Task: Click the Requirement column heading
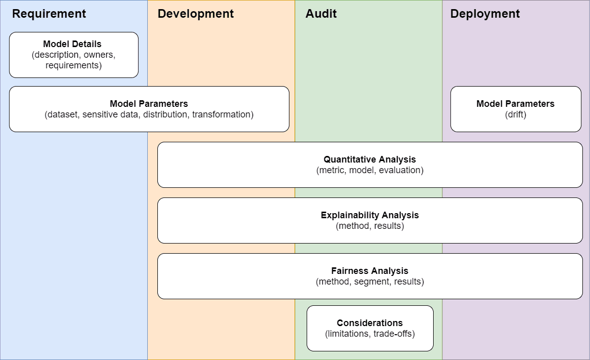pos(49,14)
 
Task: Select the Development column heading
pos(195,14)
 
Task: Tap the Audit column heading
pos(321,14)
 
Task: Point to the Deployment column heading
pos(485,14)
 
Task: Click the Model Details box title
pos(72,44)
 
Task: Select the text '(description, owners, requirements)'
pos(73,60)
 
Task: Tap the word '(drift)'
pos(515,114)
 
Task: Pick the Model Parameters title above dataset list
pos(149,104)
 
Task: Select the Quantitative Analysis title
pos(369,159)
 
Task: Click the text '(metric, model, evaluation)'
pos(369,170)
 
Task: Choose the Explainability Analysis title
pos(369,215)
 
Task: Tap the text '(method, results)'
pos(369,226)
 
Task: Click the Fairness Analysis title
pos(369,271)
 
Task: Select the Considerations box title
pos(369,323)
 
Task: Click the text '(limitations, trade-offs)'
pos(369,334)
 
